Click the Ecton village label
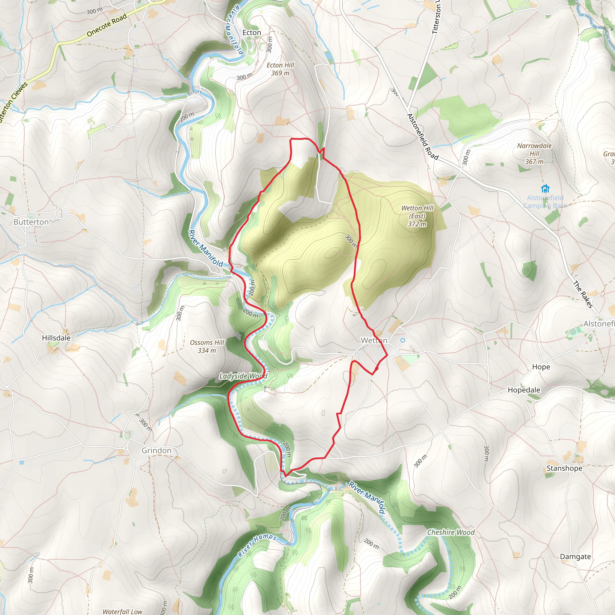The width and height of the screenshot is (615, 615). click(251, 32)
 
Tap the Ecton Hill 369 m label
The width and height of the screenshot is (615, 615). click(280, 69)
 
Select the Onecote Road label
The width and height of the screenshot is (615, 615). click(107, 25)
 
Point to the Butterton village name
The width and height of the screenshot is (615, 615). click(31, 222)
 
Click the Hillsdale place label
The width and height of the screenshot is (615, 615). click(56, 338)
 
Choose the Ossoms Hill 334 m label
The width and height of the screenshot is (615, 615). click(207, 346)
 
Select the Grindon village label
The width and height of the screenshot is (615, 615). click(156, 450)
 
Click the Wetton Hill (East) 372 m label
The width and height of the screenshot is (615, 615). click(417, 216)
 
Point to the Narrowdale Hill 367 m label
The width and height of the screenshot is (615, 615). click(534, 154)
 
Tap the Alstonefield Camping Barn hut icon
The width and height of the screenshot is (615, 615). click(545, 189)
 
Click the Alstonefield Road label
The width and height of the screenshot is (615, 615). click(423, 137)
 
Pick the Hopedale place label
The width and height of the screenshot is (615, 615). click(524, 390)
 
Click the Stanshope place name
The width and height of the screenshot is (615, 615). click(564, 468)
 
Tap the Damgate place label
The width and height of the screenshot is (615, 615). click(575, 556)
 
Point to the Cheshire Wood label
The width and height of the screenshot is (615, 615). click(451, 532)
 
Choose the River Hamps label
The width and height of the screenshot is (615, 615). click(257, 545)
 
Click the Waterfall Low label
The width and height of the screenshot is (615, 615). click(123, 611)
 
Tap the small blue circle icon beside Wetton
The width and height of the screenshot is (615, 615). click(403, 340)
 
